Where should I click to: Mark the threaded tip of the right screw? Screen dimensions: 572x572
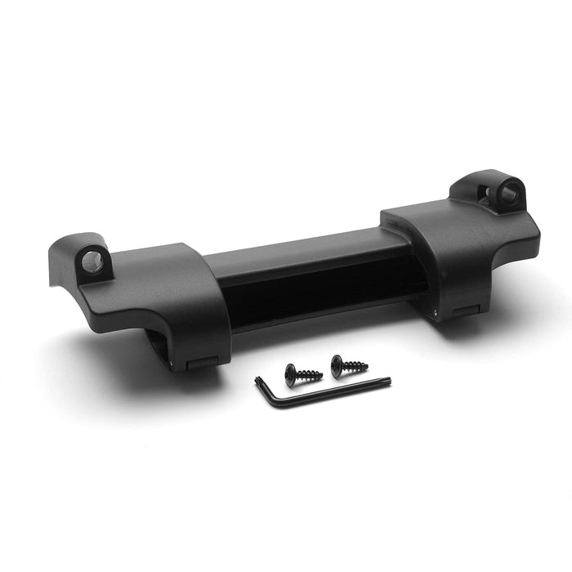pos(365,367)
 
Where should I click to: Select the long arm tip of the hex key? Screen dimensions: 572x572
pos(389,379)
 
